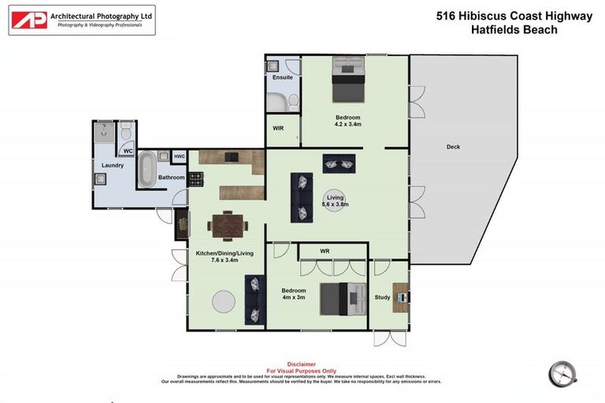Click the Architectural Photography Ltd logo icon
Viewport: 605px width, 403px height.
tap(29, 20)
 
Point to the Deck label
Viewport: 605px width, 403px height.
tap(453, 147)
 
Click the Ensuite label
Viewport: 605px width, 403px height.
tap(283, 78)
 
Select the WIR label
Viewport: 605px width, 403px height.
tap(278, 128)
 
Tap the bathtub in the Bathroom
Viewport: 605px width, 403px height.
tap(147, 168)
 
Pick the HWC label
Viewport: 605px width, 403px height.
tap(180, 157)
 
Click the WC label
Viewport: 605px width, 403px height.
tap(128, 150)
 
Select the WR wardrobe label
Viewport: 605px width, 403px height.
tap(325, 251)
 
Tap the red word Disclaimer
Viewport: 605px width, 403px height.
tap(302, 364)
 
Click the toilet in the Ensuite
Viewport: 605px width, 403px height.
tap(292, 102)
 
